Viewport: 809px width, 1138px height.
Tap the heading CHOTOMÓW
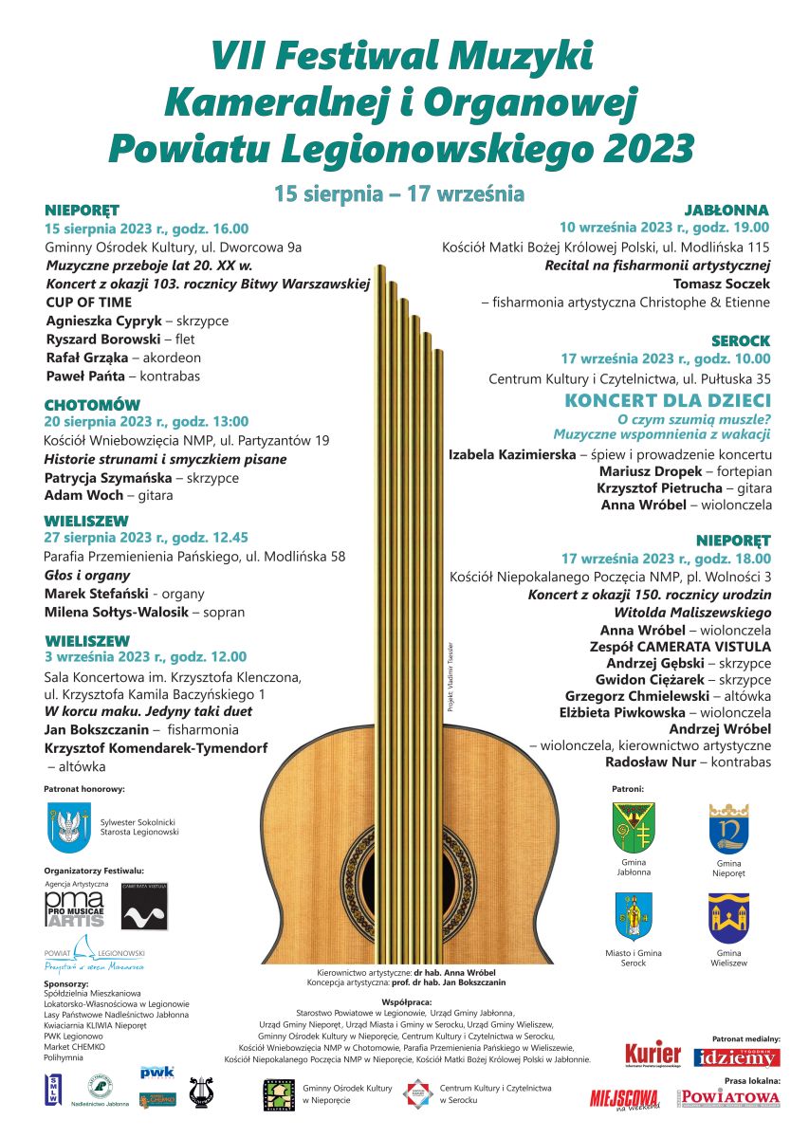coord(91,406)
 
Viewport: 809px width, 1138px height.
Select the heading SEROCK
coord(741,340)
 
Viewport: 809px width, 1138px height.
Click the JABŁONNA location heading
coord(726,210)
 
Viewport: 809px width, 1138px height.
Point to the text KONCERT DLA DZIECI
coord(668,401)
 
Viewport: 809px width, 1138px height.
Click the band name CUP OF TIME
coord(89,303)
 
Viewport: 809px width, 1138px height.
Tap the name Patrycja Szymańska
coord(108,478)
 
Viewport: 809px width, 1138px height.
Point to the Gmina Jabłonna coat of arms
coord(634,828)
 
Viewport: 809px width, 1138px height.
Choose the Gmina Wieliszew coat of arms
coord(728,917)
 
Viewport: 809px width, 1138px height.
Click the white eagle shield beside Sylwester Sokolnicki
coord(68,828)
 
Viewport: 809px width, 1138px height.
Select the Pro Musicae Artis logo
coord(74,909)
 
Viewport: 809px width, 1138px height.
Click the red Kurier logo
coord(653,1054)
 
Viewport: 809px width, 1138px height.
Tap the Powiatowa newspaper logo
coord(728,1097)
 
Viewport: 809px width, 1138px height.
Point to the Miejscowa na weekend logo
coord(624,1097)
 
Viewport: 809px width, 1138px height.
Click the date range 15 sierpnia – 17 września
coord(399,194)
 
